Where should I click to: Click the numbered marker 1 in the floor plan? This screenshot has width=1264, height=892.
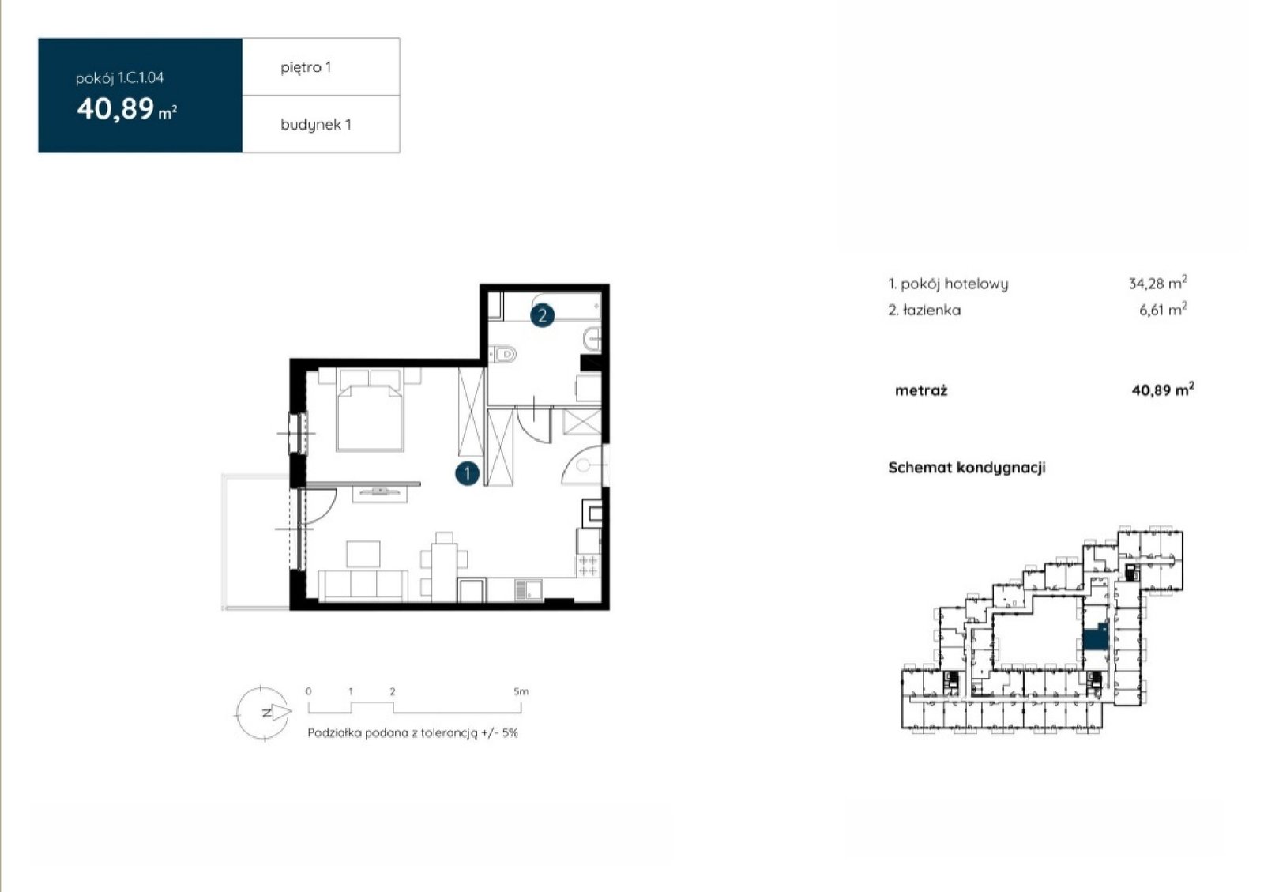pyautogui.click(x=467, y=474)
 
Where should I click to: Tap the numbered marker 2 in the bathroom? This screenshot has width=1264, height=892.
pyautogui.click(x=542, y=315)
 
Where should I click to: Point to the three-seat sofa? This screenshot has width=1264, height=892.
pyautogui.click(x=363, y=585)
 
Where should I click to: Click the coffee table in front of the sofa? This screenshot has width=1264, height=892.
pyautogui.click(x=363, y=554)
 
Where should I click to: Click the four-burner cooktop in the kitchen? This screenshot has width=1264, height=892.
pyautogui.click(x=588, y=566)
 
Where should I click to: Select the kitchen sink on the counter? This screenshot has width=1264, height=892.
pyautogui.click(x=529, y=590)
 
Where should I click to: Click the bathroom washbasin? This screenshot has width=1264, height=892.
pyautogui.click(x=592, y=340)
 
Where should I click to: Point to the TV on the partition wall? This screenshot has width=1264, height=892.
pyautogui.click(x=380, y=491)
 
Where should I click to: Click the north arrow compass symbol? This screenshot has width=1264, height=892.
pyautogui.click(x=264, y=713)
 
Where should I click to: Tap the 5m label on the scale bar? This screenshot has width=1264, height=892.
pyautogui.click(x=521, y=691)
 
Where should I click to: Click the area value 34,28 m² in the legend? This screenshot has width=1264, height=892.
pyautogui.click(x=1158, y=282)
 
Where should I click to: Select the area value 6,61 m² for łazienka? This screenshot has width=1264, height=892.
pyautogui.click(x=1163, y=309)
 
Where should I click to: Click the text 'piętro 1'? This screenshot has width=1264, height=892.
pyautogui.click(x=306, y=68)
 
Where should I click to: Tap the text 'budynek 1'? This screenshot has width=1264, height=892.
pyautogui.click(x=316, y=125)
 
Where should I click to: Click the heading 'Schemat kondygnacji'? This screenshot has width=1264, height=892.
pyautogui.click(x=967, y=468)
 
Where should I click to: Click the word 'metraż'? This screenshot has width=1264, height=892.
pyautogui.click(x=921, y=390)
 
